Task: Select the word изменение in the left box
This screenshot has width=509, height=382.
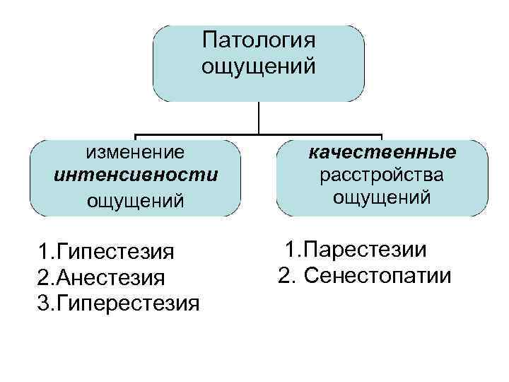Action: [135, 152]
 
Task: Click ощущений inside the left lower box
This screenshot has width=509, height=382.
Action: [135, 200]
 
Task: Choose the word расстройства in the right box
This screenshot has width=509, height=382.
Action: [382, 174]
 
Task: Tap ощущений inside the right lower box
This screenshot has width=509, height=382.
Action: [382, 197]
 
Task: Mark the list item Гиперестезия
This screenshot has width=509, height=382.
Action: [127, 303]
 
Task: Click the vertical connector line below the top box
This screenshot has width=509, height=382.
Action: [259, 117]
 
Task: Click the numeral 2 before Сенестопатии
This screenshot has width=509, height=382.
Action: [284, 275]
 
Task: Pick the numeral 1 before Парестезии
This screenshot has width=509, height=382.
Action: [289, 249]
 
